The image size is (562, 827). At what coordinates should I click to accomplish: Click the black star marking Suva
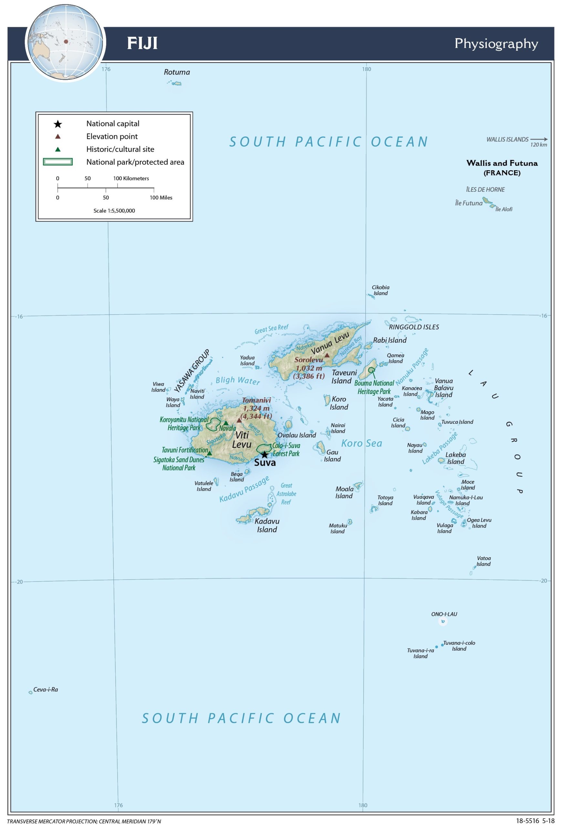(265, 455)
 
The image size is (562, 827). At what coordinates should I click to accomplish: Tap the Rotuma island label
(177, 72)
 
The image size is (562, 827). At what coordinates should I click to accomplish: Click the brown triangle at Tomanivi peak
(239, 420)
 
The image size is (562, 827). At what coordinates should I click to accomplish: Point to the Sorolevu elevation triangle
(327, 355)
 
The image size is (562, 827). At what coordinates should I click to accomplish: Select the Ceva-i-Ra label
(46, 689)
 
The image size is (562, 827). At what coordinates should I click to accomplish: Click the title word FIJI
(142, 43)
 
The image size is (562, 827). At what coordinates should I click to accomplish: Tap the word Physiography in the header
(496, 43)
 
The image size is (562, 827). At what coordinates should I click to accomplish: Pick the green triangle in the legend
(57, 150)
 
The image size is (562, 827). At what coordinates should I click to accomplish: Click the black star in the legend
(57, 124)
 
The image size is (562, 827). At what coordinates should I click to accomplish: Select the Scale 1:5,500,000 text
(114, 211)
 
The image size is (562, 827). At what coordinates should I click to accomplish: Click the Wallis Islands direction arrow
(539, 140)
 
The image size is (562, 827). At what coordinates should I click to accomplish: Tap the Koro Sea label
(361, 444)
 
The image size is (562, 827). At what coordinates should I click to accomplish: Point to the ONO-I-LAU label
(444, 614)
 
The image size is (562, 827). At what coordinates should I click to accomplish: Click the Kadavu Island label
(267, 525)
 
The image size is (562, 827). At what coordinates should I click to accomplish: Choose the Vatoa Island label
(484, 561)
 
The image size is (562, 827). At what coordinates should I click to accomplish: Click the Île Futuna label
(468, 203)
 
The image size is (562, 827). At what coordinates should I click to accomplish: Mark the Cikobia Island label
(380, 290)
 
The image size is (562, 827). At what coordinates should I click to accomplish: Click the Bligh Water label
(238, 381)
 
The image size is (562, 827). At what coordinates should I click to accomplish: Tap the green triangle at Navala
(226, 423)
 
